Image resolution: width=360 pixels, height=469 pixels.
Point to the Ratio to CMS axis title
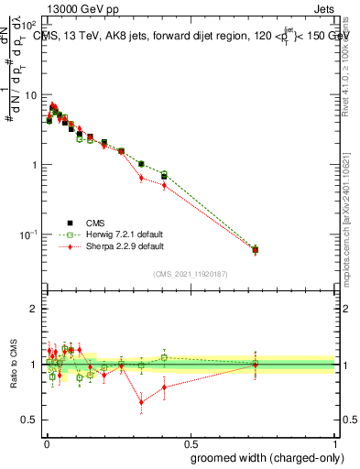click(x=12, y=366)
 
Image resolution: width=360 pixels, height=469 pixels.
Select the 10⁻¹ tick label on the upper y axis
click(x=27, y=235)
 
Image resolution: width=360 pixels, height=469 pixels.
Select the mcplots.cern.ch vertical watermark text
click(x=350, y=229)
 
